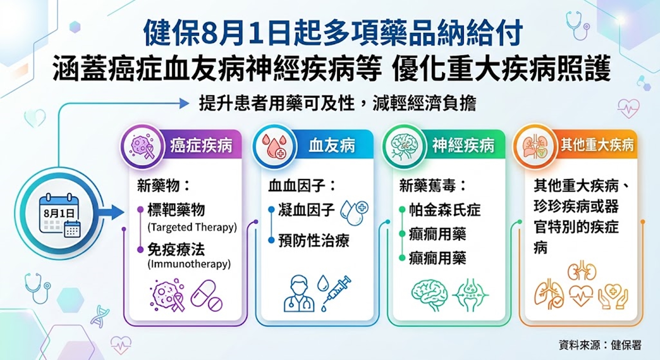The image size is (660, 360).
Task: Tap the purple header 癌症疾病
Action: pyautogui.click(x=201, y=146)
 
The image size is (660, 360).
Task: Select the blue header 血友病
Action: pyautogui.click(x=332, y=146)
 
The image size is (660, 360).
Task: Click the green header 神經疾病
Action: pyautogui.click(x=463, y=146)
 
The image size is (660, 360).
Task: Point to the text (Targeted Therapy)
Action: pyautogui.click(x=192, y=227)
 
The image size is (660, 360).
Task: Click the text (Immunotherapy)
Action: pyautogui.click(x=189, y=264)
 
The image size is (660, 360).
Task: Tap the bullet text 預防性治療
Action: pyautogui.click(x=314, y=240)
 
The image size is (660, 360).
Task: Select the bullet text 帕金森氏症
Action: pyautogui.click(x=445, y=210)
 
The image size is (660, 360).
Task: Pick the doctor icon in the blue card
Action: pyautogui.click(x=299, y=293)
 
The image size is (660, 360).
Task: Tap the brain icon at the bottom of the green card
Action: pyautogui.click(x=429, y=295)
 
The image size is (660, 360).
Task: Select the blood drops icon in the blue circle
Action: pyautogui.click(x=274, y=146)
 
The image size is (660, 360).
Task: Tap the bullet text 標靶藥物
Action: pyautogui.click(x=176, y=210)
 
